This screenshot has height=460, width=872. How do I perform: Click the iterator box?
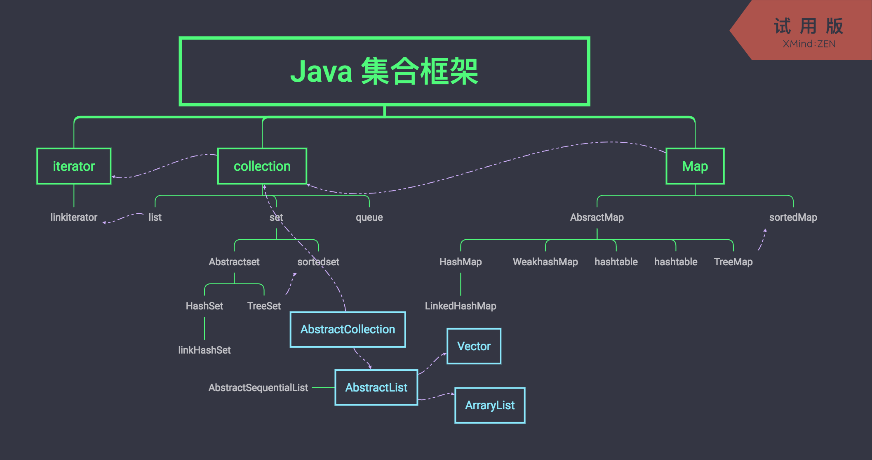click(x=74, y=166)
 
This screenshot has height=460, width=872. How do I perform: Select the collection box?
click(x=262, y=166)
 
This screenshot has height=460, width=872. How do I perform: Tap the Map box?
click(x=695, y=166)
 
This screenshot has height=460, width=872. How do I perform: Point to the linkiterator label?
click(x=74, y=217)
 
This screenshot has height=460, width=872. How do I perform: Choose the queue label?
click(x=369, y=217)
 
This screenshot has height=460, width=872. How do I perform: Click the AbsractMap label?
click(x=597, y=217)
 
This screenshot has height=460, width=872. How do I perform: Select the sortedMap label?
click(x=793, y=217)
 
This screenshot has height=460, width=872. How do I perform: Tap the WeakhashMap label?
click(x=545, y=262)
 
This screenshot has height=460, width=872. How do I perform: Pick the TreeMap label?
click(x=733, y=262)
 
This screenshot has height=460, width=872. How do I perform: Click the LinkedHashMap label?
click(x=461, y=306)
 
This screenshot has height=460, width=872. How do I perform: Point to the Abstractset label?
click(x=234, y=262)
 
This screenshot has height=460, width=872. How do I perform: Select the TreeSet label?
click(x=264, y=306)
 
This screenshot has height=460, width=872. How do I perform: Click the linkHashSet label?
click(x=204, y=350)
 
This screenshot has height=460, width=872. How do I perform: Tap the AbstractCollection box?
click(x=348, y=329)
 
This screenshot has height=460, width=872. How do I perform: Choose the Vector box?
click(x=474, y=346)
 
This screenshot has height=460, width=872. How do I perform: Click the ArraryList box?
click(x=490, y=405)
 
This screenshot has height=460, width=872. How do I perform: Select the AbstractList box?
click(x=376, y=387)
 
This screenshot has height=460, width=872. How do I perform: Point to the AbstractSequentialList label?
click(x=258, y=388)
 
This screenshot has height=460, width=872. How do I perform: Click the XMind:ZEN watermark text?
click(x=809, y=44)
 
